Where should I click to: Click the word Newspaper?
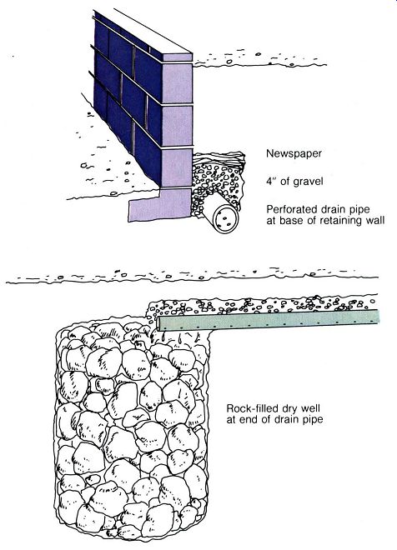click(x=294, y=153)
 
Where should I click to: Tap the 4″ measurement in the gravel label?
click(x=272, y=181)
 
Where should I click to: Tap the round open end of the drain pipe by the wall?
click(x=226, y=220)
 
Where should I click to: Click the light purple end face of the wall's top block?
click(x=178, y=58)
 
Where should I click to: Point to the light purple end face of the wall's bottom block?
click(x=178, y=167)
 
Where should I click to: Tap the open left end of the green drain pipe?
click(x=159, y=323)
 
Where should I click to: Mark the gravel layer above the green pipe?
click(x=262, y=306)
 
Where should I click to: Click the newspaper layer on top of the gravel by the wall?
click(x=219, y=158)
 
